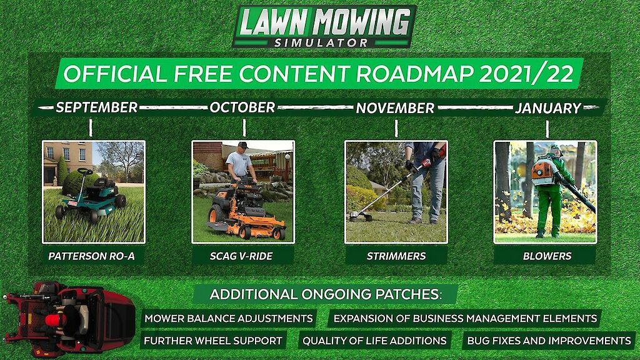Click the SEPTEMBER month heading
point(96,107)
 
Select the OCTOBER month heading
point(242,107)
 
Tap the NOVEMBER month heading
point(395,107)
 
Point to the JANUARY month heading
point(547,107)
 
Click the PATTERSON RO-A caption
point(91,256)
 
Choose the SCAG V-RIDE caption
point(241,256)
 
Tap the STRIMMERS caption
point(396,256)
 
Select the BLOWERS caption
point(547,256)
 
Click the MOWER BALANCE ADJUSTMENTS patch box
point(229,318)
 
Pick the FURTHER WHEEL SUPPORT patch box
point(213,341)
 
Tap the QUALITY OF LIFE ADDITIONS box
point(374,341)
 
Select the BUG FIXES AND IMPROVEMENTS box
point(549,341)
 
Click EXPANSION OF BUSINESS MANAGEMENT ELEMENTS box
point(465,318)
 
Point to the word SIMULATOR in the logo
point(321,42)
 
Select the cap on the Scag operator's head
point(243,145)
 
